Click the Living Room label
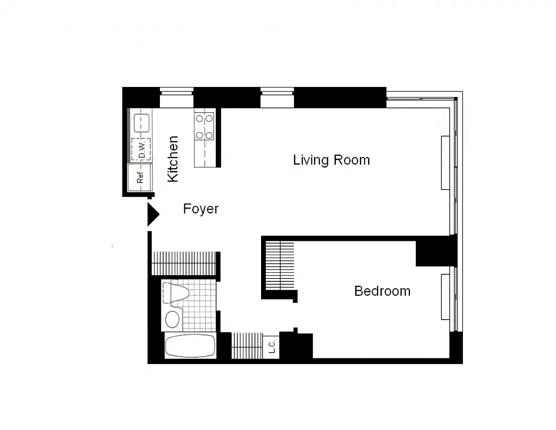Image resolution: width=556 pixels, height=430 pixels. [x=332, y=160]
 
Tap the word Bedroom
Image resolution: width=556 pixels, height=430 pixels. [x=382, y=291]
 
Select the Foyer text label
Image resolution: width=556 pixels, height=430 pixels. [x=201, y=209]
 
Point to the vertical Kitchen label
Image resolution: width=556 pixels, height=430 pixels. [x=173, y=159]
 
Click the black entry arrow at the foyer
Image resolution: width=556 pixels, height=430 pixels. [x=153, y=214]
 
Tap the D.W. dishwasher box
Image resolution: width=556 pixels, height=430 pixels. [x=141, y=150]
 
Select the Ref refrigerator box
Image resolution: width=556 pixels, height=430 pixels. [x=140, y=177]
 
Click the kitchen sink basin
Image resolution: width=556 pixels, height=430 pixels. [x=141, y=123]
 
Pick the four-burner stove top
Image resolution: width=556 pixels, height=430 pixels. [x=204, y=126]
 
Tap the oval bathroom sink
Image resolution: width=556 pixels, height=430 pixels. [x=172, y=319]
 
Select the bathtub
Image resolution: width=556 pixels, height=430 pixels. [x=190, y=346]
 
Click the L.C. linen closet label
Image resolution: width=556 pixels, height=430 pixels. [x=272, y=346]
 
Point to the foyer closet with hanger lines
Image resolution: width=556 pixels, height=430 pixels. [x=184, y=263]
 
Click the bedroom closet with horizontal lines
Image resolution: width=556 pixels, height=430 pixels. [x=280, y=265]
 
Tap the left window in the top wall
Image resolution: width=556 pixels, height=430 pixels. [x=177, y=97]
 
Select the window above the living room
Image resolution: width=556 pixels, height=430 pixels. [x=277, y=97]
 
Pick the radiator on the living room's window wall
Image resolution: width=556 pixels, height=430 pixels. [x=445, y=162]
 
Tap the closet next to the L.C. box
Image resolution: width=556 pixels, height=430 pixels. [x=247, y=346]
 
